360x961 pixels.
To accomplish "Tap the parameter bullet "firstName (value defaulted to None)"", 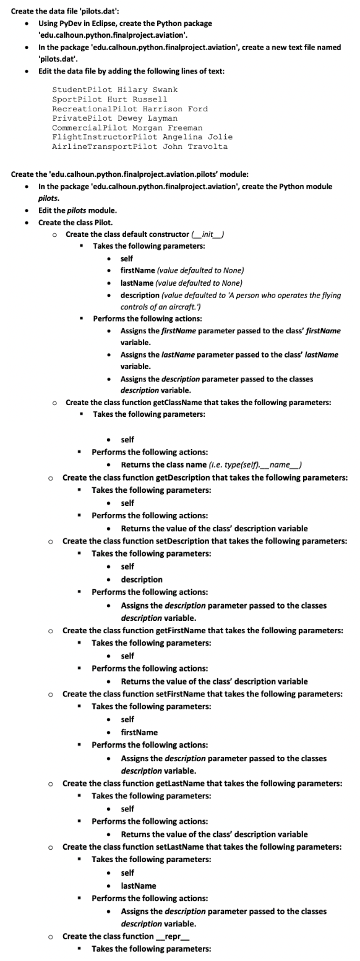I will click(x=182, y=270).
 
